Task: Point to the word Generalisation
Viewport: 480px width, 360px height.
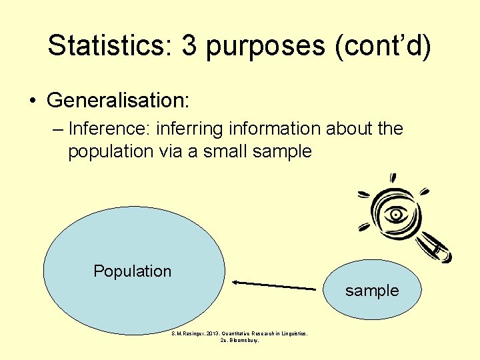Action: click(118, 101)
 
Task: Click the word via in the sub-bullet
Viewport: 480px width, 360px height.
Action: click(172, 151)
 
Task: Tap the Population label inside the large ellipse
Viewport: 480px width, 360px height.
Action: click(132, 271)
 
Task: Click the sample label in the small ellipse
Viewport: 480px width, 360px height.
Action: click(372, 291)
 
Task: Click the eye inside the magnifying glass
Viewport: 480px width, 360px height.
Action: click(397, 215)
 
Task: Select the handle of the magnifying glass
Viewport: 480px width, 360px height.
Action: click(437, 248)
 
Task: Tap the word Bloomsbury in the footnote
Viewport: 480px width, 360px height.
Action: click(244, 340)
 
